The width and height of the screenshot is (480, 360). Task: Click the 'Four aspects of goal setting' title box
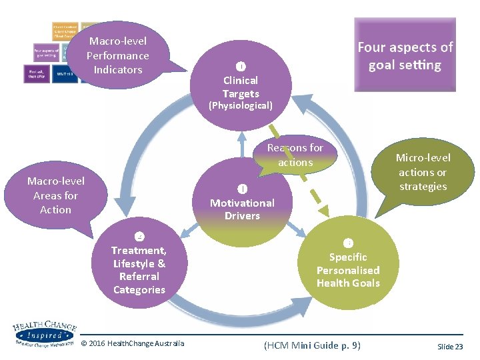pyautogui.click(x=405, y=55)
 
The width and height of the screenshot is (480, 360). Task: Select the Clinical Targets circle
pyautogui.click(x=241, y=83)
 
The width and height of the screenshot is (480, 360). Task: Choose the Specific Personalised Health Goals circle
pyautogui.click(x=347, y=270)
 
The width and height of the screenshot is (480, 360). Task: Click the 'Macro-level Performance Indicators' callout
pyautogui.click(x=118, y=55)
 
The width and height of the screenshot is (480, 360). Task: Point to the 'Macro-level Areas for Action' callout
pyautogui.click(x=55, y=195)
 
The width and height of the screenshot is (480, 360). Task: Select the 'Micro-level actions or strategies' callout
pyautogui.click(x=423, y=172)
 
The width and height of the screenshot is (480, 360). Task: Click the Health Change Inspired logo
pyautogui.click(x=43, y=333)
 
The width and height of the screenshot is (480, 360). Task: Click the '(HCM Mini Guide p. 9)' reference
pyautogui.click(x=312, y=345)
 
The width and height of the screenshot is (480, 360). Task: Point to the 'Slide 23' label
pyautogui.click(x=449, y=347)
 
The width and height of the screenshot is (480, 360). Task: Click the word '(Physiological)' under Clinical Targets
pyautogui.click(x=241, y=105)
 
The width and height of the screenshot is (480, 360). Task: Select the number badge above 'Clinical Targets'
pyautogui.click(x=241, y=65)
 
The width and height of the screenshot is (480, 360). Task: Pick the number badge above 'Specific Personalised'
pyautogui.click(x=347, y=243)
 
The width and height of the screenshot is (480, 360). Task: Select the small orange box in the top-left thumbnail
pyautogui.click(x=65, y=31)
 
